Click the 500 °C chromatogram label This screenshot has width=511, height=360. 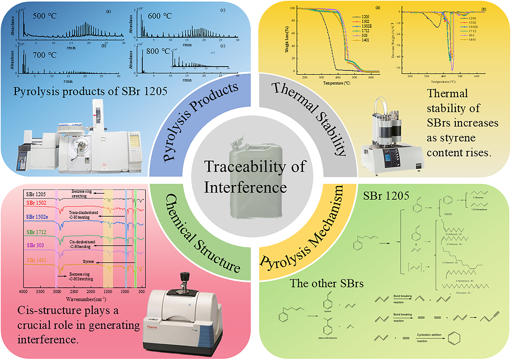(45, 16)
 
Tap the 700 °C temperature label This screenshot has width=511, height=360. (45, 55)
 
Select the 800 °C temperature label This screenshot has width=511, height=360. (158, 52)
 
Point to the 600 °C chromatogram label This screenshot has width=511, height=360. (160, 16)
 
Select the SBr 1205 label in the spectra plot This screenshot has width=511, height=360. (36, 194)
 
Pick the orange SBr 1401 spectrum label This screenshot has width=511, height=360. (36, 260)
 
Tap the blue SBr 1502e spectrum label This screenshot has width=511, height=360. (37, 217)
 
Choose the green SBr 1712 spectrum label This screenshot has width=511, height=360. (36, 232)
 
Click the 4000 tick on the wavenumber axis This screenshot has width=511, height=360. (23, 292)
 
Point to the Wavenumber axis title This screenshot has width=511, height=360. (86, 299)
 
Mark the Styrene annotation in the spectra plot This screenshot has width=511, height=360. (88, 262)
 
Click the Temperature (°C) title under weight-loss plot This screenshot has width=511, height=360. (337, 83)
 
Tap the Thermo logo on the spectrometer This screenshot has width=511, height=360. (152, 327)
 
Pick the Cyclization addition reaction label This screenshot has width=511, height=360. (429, 335)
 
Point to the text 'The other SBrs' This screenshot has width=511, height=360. (326, 283)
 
